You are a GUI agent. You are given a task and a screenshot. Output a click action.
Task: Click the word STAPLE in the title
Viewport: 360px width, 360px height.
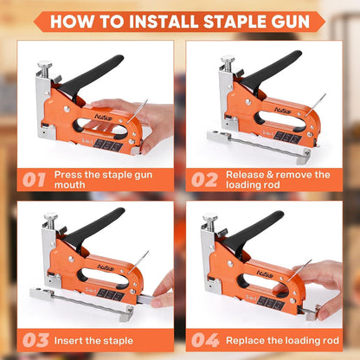point(235,22)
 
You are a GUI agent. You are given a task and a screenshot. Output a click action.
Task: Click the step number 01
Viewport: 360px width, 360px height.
point(34,180)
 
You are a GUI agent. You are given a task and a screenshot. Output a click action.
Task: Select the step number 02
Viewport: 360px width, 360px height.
point(204,180)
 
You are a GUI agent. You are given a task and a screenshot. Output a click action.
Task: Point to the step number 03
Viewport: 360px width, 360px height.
point(35,340)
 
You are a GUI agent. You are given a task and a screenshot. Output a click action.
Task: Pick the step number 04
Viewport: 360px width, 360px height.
point(205,340)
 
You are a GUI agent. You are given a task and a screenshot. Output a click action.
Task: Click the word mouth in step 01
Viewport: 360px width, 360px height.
point(70,185)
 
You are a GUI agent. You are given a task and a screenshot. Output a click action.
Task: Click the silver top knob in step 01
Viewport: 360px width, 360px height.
point(45,64)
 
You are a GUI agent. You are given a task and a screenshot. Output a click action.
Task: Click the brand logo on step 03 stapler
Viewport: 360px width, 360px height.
point(106,267)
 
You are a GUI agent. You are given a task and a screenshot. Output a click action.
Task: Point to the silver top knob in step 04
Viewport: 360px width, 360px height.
point(210,217)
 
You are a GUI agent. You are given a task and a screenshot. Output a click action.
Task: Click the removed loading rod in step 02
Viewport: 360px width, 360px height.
point(259,146)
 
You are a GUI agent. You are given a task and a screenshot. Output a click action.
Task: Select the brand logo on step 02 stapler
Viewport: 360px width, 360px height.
point(282,111)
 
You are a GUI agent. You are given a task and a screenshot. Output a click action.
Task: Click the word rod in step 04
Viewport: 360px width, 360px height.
point(331,341)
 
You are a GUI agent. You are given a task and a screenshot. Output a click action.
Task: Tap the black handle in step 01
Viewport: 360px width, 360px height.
point(91,75)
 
